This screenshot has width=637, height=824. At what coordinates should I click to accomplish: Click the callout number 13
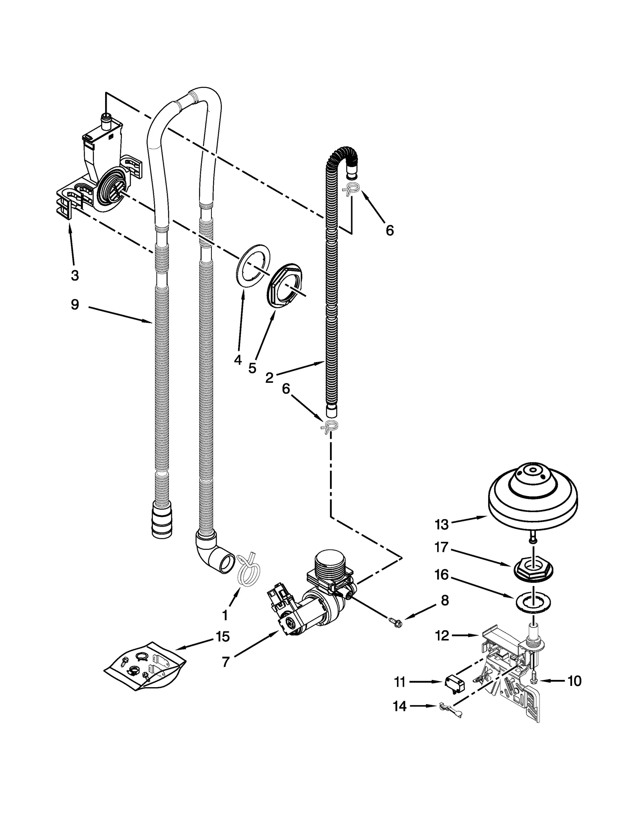click(x=441, y=525)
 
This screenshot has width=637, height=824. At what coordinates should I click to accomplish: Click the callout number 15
click(x=223, y=637)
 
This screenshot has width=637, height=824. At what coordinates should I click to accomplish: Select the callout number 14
click(x=399, y=706)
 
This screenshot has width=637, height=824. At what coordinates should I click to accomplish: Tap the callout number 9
click(x=74, y=305)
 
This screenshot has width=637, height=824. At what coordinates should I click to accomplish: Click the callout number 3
click(x=74, y=275)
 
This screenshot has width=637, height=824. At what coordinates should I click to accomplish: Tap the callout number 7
click(x=225, y=662)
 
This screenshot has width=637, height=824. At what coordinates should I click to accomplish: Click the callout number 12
click(x=442, y=635)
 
